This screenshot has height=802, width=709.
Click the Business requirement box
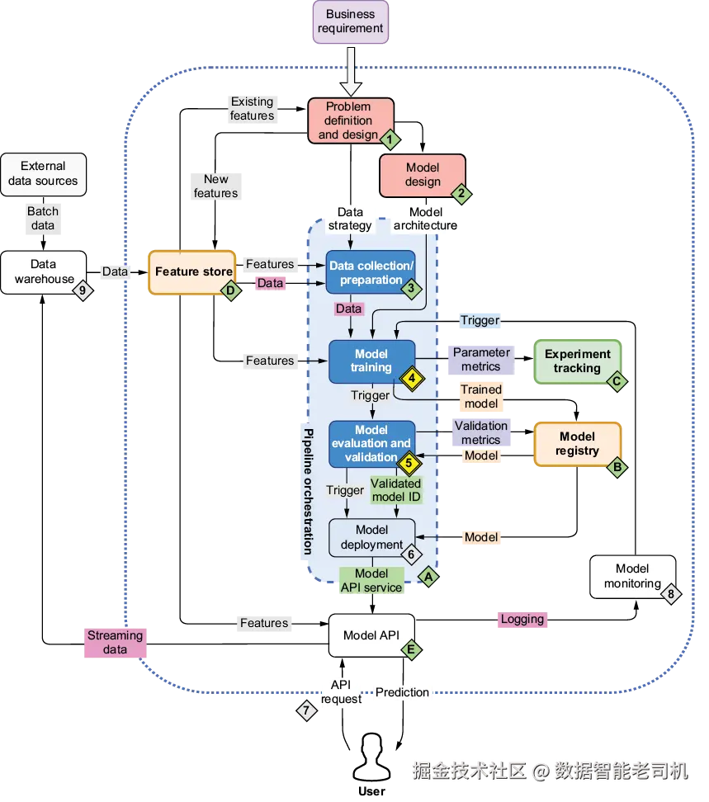pos(351,21)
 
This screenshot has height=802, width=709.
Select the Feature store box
pos(191,272)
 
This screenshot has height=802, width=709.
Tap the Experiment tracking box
pos(577,361)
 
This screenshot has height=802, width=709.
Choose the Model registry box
pos(577,443)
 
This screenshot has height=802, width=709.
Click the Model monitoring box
pos(632,577)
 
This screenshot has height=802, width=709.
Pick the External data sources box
pos(44,174)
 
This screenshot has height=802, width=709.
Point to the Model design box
pos(423,175)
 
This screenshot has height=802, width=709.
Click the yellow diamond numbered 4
pos(412,379)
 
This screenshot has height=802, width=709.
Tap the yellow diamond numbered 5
pos(409,464)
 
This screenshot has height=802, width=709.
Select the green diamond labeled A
pos(428,577)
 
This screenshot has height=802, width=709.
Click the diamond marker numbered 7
pos(306,710)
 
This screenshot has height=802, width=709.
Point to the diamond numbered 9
pos(83,290)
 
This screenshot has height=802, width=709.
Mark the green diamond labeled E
pos(411,650)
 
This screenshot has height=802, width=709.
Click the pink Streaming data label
pos(115,643)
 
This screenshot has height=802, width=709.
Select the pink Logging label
pos(522,619)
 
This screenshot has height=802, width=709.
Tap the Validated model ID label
pos(396,490)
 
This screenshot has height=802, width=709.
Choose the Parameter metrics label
pos(481,360)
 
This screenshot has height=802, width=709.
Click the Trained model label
pos(481,396)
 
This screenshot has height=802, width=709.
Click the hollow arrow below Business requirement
pos(351,72)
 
